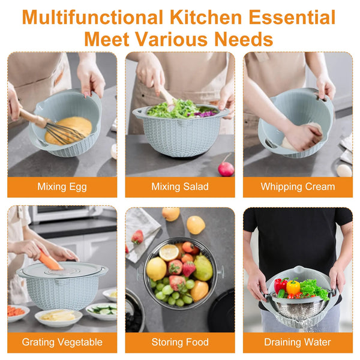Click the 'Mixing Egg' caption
[x=62, y=187]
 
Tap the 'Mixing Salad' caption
[x=179, y=187]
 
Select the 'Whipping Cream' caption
[x=298, y=187]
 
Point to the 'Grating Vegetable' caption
[x=62, y=343]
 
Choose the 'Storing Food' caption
[x=180, y=343]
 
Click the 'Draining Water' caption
[x=298, y=343]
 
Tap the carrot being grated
[x=50, y=262]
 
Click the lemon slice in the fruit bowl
[x=169, y=253]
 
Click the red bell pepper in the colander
[x=280, y=285]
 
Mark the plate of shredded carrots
[x=17, y=312]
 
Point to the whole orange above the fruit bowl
[x=196, y=225]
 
